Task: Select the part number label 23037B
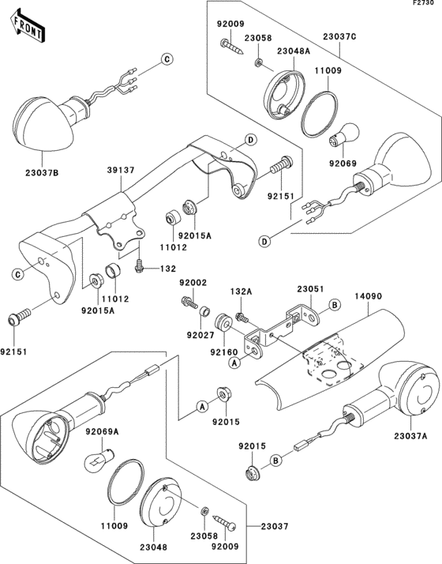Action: [x=42, y=173]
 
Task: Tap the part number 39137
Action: [x=121, y=170]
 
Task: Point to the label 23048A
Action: [x=294, y=51]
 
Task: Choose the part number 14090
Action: [x=369, y=296]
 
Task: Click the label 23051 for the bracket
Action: [x=310, y=289]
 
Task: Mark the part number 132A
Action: [x=241, y=291]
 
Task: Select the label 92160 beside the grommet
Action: [x=224, y=352]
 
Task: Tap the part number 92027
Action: [x=200, y=335]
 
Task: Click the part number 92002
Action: [x=193, y=283]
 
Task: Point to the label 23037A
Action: [x=410, y=436]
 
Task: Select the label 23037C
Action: [x=339, y=36]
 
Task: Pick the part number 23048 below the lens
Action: [x=153, y=547]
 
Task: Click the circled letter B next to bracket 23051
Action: [x=335, y=305]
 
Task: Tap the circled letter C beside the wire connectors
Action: [x=167, y=59]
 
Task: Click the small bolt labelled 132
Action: [x=139, y=266]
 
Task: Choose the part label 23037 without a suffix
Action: [x=275, y=526]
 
